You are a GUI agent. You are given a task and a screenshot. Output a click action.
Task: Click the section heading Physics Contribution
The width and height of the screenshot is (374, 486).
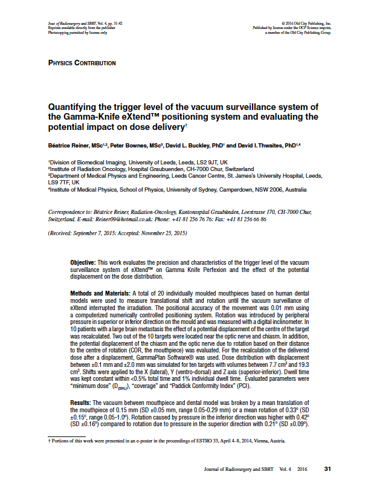82,63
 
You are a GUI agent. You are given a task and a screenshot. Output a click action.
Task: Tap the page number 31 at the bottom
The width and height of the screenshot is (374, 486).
328,468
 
